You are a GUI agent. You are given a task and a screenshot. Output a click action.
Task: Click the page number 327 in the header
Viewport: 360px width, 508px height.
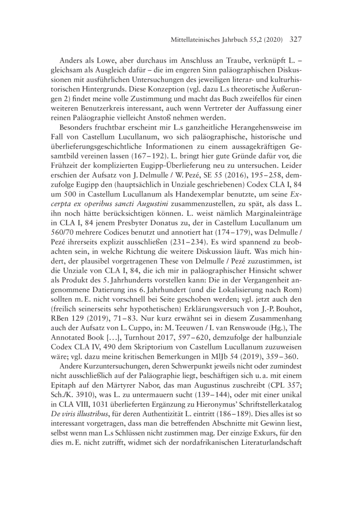tap(292, 39)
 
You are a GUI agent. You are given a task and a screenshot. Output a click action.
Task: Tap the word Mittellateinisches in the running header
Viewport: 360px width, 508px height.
tap(191, 40)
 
